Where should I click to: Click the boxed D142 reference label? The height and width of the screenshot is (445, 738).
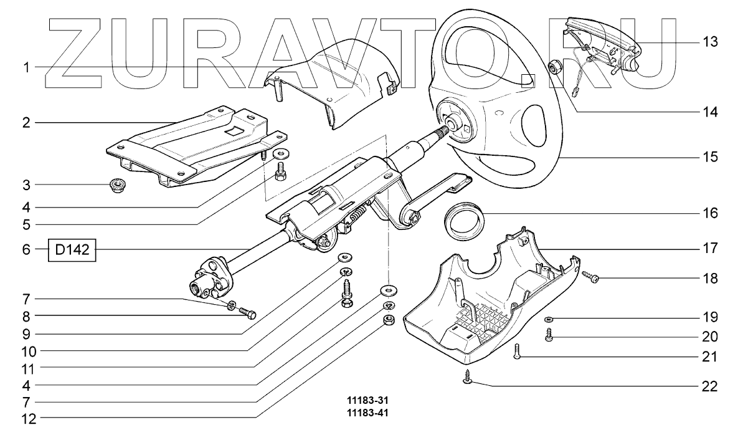click(x=72, y=251)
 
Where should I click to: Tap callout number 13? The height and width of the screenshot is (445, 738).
click(x=710, y=42)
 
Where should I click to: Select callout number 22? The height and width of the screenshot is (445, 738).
click(x=710, y=387)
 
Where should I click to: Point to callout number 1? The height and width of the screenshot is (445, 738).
click(x=26, y=67)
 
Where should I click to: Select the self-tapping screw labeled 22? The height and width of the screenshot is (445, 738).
click(x=466, y=376)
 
